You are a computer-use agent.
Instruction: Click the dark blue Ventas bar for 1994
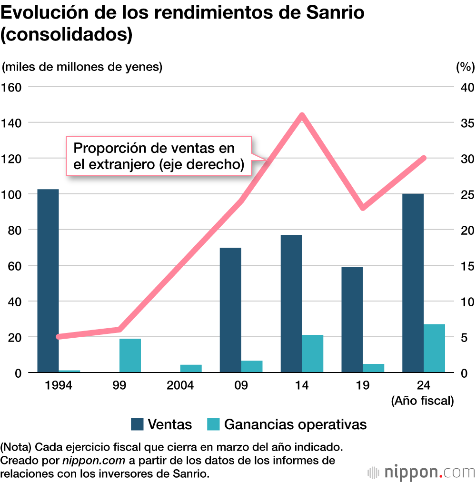(48, 281)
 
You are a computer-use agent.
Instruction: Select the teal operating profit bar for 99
(130, 355)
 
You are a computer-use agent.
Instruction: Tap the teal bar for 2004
(191, 368)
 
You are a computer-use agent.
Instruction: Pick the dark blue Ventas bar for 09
(230, 310)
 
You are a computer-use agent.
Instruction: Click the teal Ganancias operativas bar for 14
(312, 353)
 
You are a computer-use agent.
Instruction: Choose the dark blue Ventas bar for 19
(352, 319)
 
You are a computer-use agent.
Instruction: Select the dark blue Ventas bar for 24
(413, 283)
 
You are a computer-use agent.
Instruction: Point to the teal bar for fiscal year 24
(434, 348)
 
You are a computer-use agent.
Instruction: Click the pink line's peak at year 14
(302, 115)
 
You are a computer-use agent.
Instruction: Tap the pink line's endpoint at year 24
(424, 158)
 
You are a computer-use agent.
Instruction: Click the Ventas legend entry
(162, 424)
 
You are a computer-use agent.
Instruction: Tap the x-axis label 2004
(180, 385)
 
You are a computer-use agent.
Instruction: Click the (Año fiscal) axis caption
(422, 401)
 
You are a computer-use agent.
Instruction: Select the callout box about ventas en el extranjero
(158, 156)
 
